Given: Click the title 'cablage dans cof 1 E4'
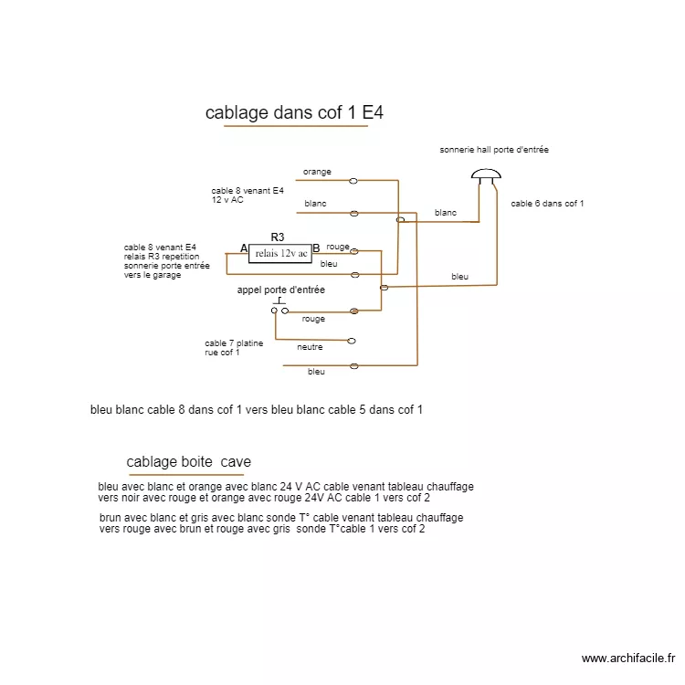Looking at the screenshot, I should [x=294, y=113].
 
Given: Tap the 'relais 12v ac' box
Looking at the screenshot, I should [x=280, y=253].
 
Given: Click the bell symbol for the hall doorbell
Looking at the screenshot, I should [x=486, y=175].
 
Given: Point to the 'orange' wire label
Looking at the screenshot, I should [x=317, y=172].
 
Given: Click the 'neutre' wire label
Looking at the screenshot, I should [x=310, y=347].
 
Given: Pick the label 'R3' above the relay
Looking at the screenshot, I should [x=278, y=237].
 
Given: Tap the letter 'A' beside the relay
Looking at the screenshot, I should [x=244, y=248].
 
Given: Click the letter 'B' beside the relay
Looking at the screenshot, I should [x=316, y=248].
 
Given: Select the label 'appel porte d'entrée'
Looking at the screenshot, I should [x=280, y=290].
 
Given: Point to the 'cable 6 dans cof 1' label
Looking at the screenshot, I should [x=547, y=204].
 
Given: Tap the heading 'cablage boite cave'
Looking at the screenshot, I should [x=189, y=462].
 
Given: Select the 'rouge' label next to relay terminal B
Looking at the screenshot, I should [x=338, y=247].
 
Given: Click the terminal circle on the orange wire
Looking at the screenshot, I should [x=353, y=181].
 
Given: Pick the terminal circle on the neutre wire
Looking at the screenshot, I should [x=352, y=341].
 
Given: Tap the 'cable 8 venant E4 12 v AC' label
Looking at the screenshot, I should [x=248, y=195].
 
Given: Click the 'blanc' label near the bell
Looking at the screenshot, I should [x=446, y=213].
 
